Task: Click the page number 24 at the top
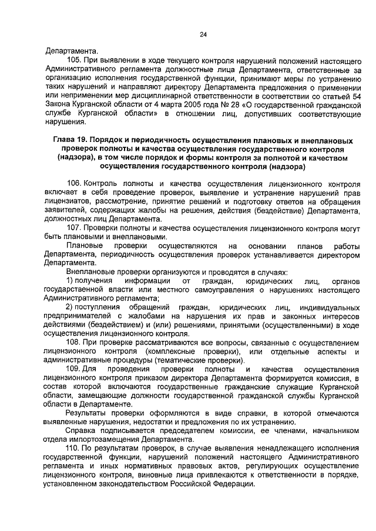tap(203, 35)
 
